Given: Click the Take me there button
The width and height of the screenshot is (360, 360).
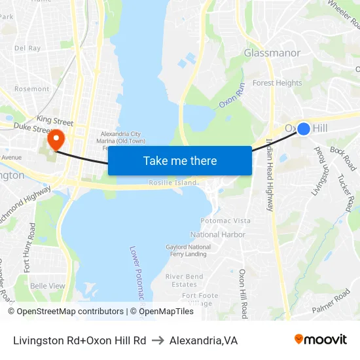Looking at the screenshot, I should pyautogui.click(x=180, y=161).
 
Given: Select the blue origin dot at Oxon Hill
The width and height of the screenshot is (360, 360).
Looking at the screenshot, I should pyautogui.click(x=304, y=129).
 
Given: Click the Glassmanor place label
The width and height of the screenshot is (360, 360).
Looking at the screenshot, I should pyautogui.click(x=272, y=53).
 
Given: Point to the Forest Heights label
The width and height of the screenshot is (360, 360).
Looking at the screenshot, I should pyautogui.click(x=278, y=83).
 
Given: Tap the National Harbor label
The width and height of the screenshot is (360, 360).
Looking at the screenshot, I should pyautogui.click(x=218, y=234).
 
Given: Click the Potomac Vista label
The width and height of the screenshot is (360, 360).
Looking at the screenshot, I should pyautogui.click(x=225, y=221).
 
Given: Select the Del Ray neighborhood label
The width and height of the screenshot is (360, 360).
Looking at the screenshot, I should pyautogui.click(x=27, y=48).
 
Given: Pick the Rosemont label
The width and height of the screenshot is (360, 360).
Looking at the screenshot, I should pyautogui.click(x=31, y=89).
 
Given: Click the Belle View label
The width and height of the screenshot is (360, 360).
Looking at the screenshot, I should pyautogui.click(x=48, y=286).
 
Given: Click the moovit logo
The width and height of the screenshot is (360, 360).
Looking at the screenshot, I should pyautogui.click(x=321, y=340).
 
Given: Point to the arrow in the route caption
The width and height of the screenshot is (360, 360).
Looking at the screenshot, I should pyautogui.click(x=158, y=340).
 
